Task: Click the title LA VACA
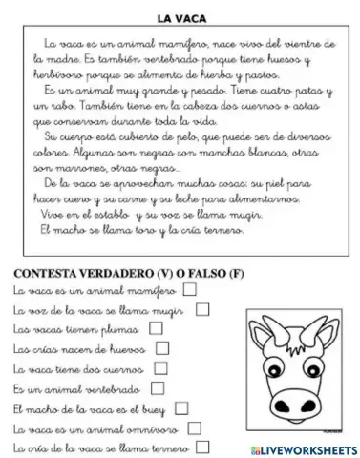(180, 16)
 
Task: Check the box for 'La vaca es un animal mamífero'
(189, 289)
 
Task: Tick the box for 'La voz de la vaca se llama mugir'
(202, 309)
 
